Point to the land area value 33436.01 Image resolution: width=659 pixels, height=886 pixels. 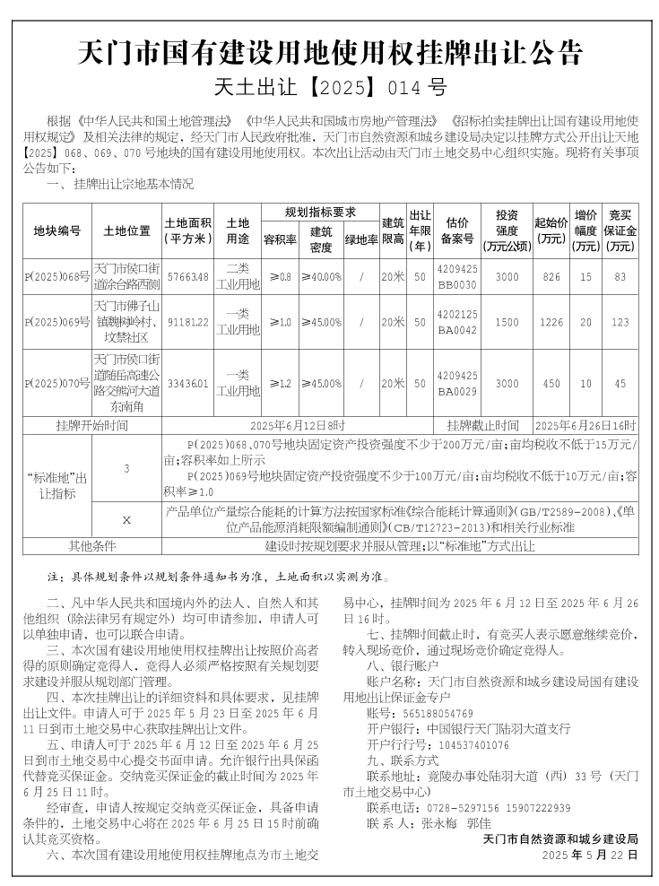pos(187,383)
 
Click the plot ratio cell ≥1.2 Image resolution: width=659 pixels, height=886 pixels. pos(280,383)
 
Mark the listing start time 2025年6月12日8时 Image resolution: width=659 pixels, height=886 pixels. pos(298,425)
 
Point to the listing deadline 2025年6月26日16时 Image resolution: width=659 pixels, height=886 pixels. pos(585,425)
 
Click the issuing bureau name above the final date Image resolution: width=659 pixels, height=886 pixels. pos(559,839)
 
